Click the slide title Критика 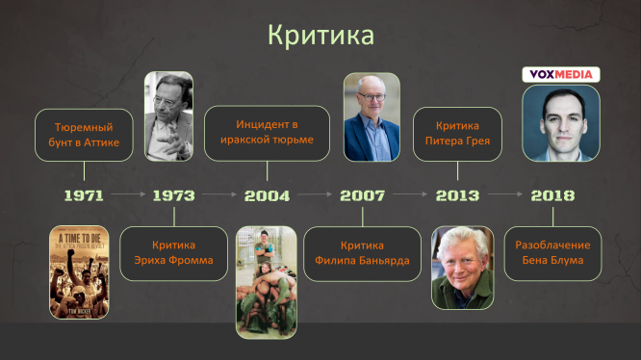tap(320, 36)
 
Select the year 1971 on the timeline tap(84, 195)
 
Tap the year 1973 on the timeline tap(174, 195)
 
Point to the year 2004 tap(267, 195)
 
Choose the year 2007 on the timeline tap(363, 195)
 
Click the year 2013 tap(457, 195)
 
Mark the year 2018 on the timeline tap(552, 195)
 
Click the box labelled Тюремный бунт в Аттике tap(84, 135)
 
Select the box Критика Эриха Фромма tap(174, 253)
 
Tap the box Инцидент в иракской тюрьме tap(267, 133)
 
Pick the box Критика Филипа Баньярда tap(362, 254)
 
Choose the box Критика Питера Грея tap(457, 134)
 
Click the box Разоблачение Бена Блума tap(552, 253)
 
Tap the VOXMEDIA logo tap(561, 75)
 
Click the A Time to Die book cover tap(79, 272)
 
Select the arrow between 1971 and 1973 tap(128, 194)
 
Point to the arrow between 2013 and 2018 tap(505, 194)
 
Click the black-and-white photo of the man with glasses tap(168, 116)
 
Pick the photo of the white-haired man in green tap(463, 268)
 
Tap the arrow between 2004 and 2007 tap(315, 194)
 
